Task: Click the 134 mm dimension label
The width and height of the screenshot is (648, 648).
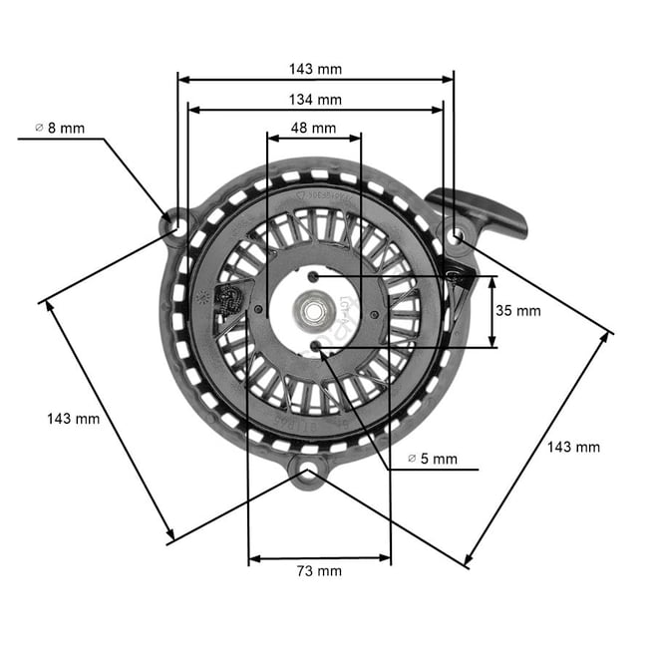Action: pos(315,99)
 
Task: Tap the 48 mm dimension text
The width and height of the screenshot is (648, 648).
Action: pos(314,128)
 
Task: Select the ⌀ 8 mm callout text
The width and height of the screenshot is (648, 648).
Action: pos(60,128)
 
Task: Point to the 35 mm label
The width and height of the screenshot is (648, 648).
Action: pos(517,311)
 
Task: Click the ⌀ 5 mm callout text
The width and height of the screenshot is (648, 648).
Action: pos(433,459)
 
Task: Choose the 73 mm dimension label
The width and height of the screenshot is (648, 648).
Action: pos(319,570)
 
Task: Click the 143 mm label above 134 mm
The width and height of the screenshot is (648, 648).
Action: pos(315,69)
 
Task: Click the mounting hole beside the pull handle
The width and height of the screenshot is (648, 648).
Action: pos(455,235)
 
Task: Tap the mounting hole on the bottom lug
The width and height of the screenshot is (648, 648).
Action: pos(308,468)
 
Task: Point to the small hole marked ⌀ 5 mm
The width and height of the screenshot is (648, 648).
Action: pos(317,345)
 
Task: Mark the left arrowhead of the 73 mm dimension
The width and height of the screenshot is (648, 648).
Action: pos(253,558)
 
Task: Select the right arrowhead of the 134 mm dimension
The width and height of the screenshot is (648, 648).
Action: pos(439,110)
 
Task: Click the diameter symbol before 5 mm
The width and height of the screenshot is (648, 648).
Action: pos(412,459)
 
